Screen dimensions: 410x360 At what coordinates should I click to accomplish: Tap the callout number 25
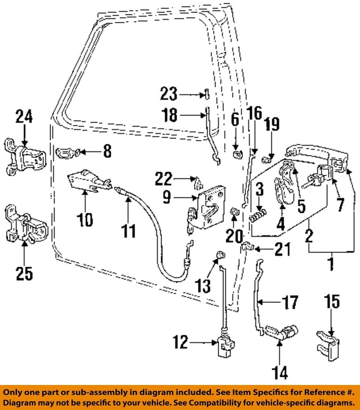[x=24, y=273]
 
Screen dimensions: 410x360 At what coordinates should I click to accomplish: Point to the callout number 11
[x=129, y=230]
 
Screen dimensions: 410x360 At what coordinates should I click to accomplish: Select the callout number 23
[x=169, y=95]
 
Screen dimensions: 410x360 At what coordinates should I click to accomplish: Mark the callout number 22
[x=164, y=179]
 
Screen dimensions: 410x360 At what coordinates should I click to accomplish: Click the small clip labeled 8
[x=65, y=153]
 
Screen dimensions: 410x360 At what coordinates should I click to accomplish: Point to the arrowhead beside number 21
[x=257, y=248]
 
